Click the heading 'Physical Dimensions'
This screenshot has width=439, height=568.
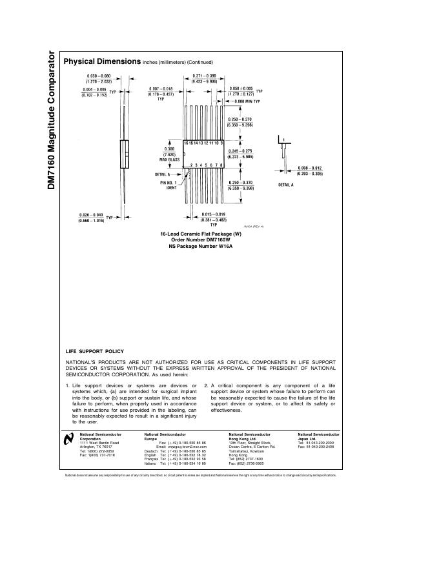pos(101,61)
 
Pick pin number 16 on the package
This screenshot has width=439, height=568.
pos(186,142)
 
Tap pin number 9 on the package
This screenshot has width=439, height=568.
pos(222,142)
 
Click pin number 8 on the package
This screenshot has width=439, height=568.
pos(222,165)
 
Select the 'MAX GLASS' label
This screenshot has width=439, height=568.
pos(169,159)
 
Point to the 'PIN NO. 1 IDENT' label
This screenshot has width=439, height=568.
pos(168,185)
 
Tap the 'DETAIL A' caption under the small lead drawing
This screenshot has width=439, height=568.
pos(286,185)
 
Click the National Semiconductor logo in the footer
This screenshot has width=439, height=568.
pos(69,440)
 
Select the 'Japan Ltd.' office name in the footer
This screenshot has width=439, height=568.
pos(307,439)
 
